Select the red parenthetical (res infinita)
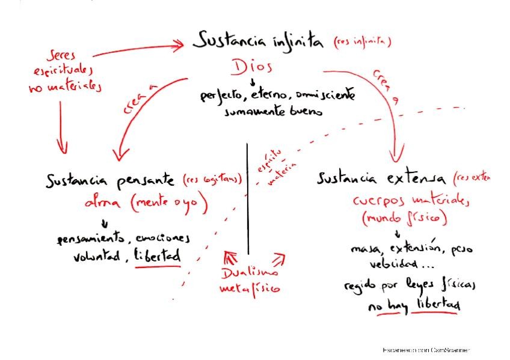click(x=362, y=43)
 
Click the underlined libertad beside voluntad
click(x=158, y=256)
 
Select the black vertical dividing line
click(x=248, y=198)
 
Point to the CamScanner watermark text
click(x=426, y=349)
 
